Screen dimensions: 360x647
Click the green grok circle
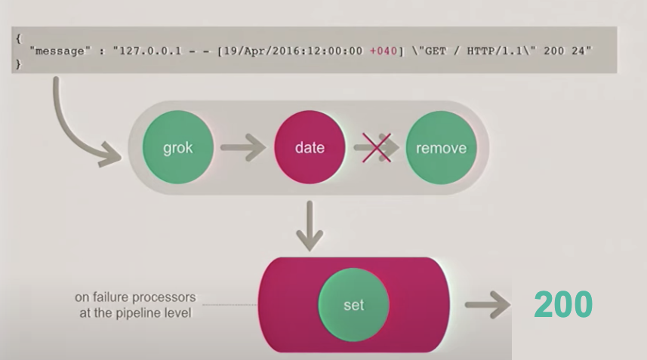pyautogui.click(x=177, y=148)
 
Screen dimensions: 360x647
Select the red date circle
pyautogui.click(x=309, y=148)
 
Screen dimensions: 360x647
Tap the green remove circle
pyautogui.click(x=441, y=148)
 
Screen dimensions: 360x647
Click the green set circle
pyautogui.click(x=353, y=305)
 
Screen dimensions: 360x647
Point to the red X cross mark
pyautogui.click(x=375, y=148)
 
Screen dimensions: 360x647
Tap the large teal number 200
pyautogui.click(x=562, y=305)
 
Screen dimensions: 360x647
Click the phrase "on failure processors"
pyautogui.click(x=134, y=297)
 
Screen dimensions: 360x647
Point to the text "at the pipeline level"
pyautogui.click(x=134, y=312)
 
